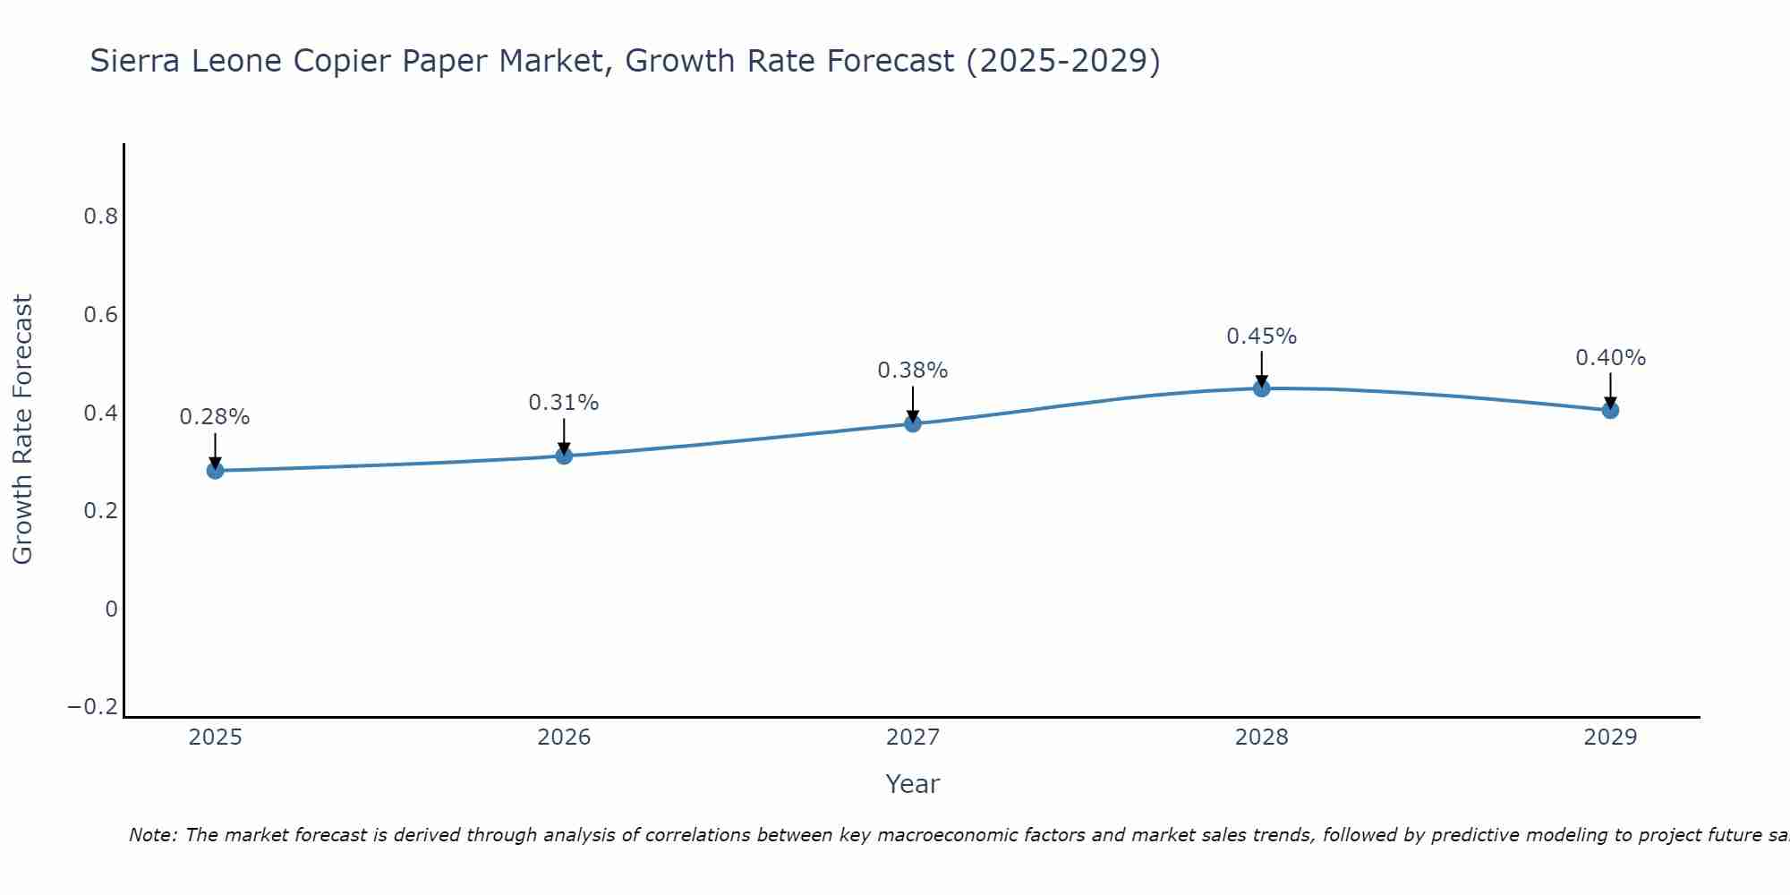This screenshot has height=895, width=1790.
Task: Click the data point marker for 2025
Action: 215,470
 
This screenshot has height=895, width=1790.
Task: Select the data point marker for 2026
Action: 564,456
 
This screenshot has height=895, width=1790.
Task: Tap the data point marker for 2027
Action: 913,423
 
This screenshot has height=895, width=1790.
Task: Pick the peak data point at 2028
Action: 1261,388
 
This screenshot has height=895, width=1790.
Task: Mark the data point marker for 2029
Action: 1610,410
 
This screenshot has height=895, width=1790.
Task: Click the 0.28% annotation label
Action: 215,417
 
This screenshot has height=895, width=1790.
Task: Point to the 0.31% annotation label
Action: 564,403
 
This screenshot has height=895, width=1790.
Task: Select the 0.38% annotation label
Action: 913,371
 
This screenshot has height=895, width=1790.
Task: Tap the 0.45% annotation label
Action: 1261,337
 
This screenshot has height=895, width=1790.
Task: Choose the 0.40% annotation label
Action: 1610,358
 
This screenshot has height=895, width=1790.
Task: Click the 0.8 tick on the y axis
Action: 100,217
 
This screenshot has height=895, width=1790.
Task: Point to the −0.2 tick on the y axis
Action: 93,707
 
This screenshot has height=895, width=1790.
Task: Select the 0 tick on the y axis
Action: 111,609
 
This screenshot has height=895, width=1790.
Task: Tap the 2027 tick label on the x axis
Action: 913,737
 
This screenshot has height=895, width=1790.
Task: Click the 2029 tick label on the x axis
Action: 1610,737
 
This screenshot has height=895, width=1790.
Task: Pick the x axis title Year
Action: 913,784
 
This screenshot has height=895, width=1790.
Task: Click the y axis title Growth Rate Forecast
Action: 23,430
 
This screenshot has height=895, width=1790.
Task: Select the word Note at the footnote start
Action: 152,835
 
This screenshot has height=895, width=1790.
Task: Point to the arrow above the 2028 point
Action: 1261,368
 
